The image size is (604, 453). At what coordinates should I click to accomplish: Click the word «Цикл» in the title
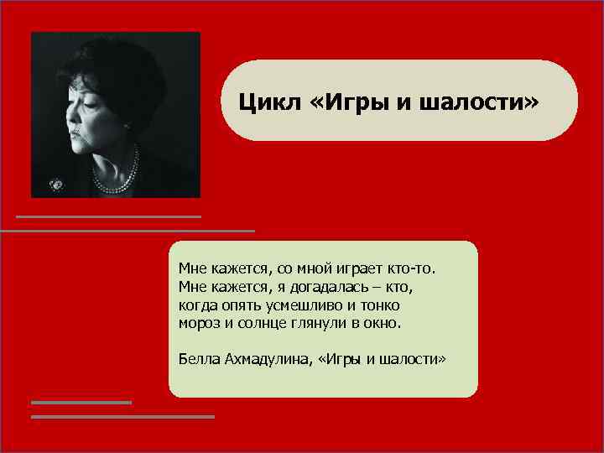click(263, 102)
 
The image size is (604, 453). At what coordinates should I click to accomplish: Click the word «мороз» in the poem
click(198, 323)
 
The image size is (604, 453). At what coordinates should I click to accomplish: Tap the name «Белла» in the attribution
click(199, 358)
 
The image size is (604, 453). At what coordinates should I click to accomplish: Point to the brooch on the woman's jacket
click(57, 182)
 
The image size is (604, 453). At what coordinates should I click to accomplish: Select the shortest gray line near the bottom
click(81, 403)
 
